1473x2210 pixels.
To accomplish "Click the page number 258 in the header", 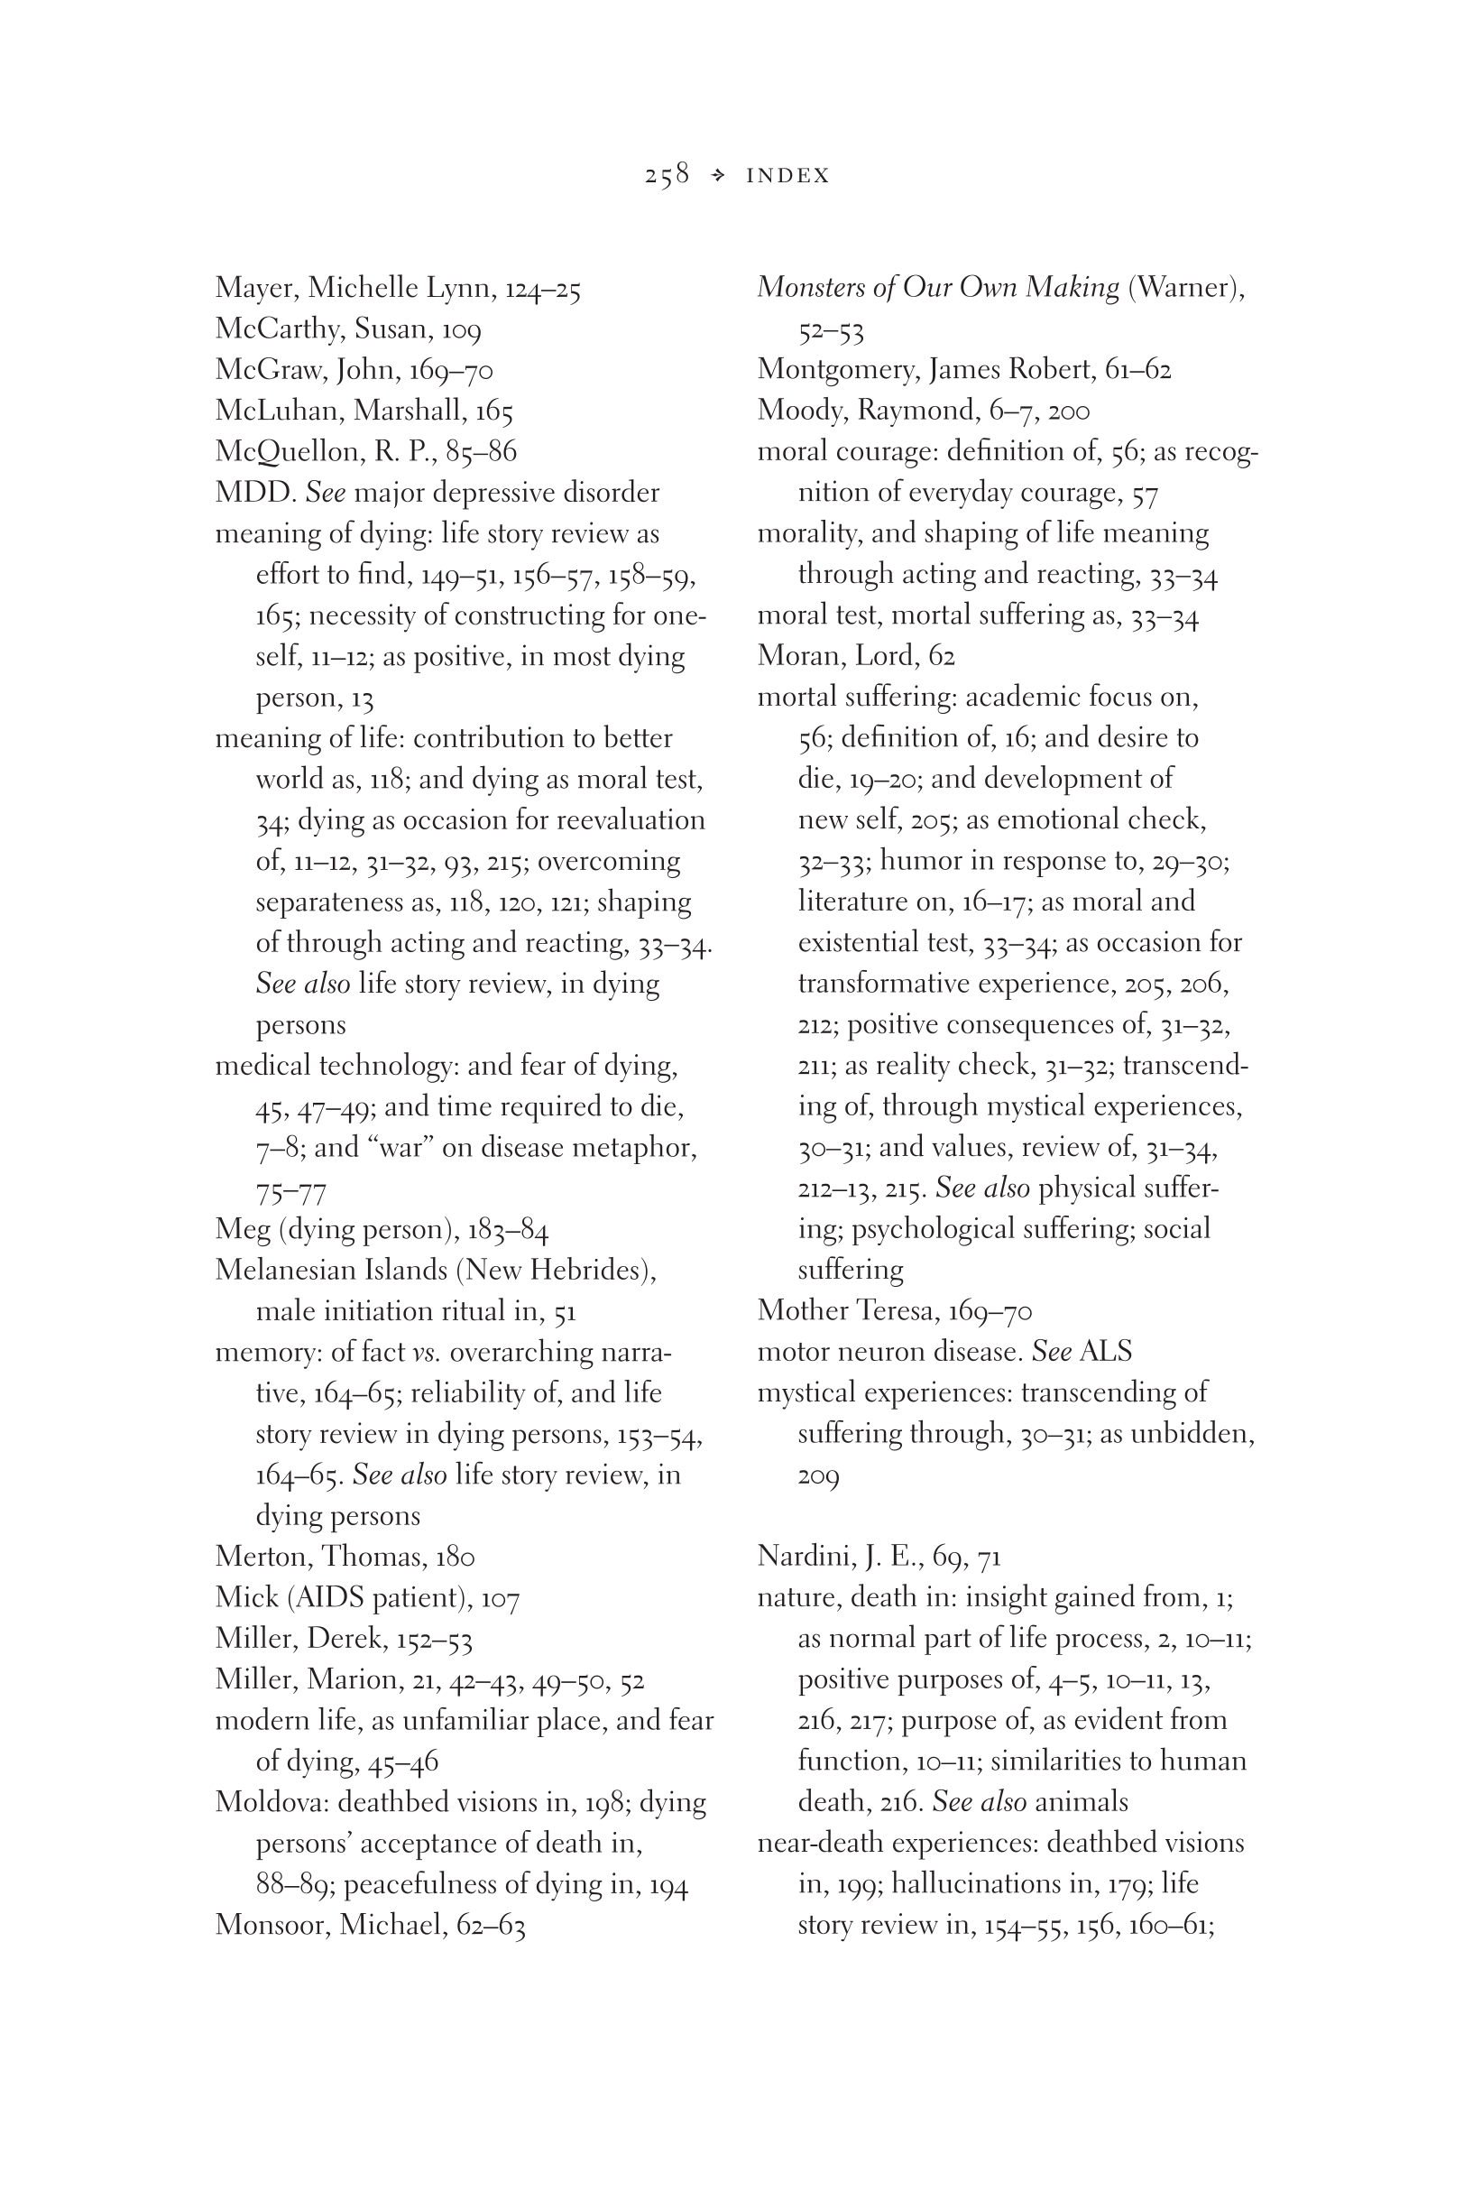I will click(x=667, y=175).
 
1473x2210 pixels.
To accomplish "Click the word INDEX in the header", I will click(x=787, y=176).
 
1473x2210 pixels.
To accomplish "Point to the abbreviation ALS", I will click(x=1106, y=1351).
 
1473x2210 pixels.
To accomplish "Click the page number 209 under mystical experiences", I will click(x=818, y=1476).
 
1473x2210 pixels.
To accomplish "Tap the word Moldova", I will click(x=271, y=1802).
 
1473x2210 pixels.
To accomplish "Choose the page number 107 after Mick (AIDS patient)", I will click(x=500, y=1598).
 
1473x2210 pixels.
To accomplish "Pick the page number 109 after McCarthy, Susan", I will click(x=461, y=328).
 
